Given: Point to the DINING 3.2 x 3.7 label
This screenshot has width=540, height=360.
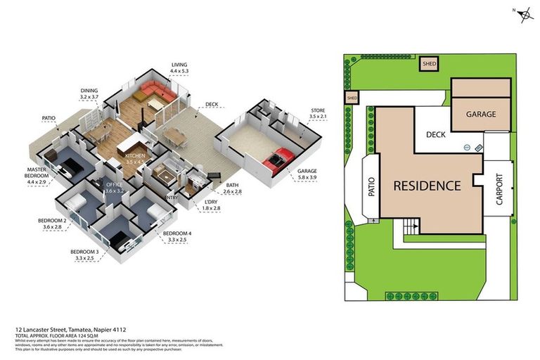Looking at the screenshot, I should (89, 94).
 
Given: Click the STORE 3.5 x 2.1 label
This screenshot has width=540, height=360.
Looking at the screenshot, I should (319, 114).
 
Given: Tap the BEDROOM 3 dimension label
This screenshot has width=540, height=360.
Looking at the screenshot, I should (84, 255).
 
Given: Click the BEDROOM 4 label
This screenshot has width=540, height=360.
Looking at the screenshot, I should (177, 236).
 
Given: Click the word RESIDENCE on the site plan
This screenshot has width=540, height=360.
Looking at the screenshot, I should (427, 186).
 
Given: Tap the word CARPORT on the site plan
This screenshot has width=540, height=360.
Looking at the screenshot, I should (500, 188).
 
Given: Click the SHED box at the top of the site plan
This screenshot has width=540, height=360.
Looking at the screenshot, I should (429, 63).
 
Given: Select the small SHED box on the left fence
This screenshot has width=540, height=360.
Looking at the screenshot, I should (352, 98).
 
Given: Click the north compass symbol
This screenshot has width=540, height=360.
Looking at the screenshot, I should (524, 16).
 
